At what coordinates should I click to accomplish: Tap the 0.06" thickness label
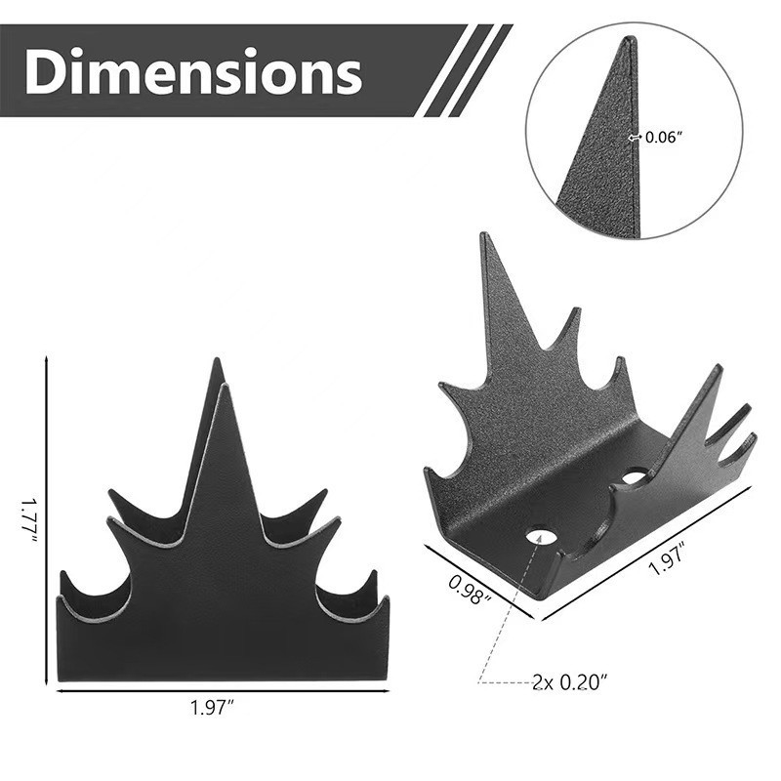tap(665, 138)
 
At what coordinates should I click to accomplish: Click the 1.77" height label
tap(28, 521)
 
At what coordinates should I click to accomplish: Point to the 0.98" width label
tap(470, 588)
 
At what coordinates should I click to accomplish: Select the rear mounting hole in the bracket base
tap(634, 476)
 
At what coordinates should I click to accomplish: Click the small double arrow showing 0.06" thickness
tap(636, 138)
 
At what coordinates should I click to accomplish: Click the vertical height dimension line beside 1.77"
tap(46, 522)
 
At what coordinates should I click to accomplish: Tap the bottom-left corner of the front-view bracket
tap(60, 680)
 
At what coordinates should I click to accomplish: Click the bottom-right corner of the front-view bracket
tap(389, 680)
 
